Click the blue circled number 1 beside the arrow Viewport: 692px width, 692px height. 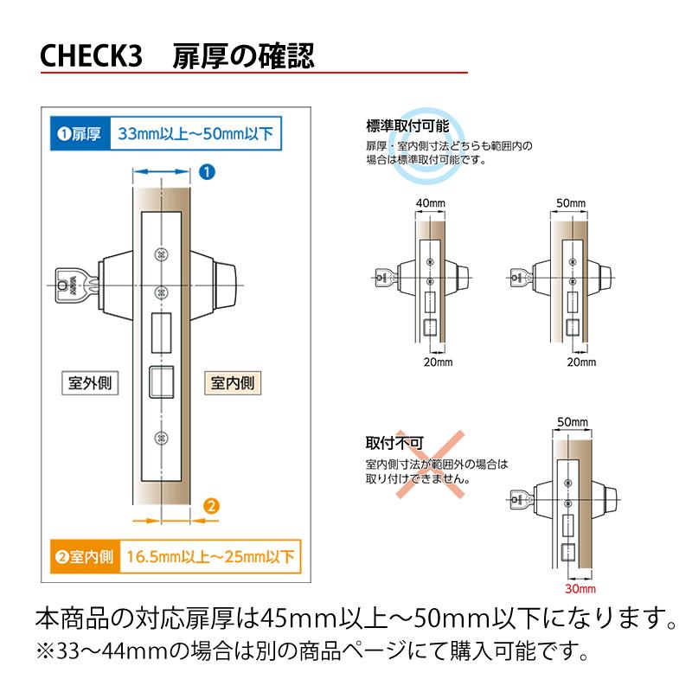coord(207,171)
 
